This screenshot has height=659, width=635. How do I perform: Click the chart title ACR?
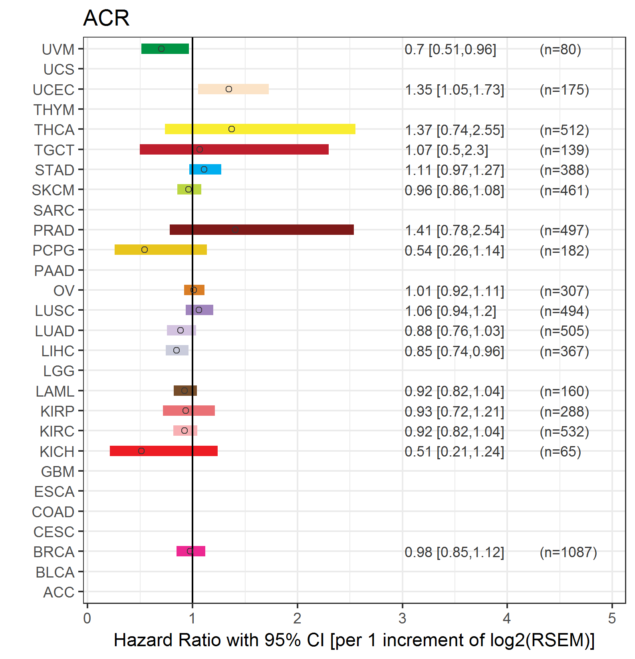106,18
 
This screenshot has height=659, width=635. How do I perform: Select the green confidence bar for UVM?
165,49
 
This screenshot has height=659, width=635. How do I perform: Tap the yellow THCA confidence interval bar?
260,129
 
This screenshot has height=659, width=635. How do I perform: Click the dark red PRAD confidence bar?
262,230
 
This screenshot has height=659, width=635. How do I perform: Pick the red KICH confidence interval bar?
164,451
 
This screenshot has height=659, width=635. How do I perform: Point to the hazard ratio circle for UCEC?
229,89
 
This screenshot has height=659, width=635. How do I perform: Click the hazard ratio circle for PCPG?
145,250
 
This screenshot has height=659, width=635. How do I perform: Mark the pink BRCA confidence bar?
191,551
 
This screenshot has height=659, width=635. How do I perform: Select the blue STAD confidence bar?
205,169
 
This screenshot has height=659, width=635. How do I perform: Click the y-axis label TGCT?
54,150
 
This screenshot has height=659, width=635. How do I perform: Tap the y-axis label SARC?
54,210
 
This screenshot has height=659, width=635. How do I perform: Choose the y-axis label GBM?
58,472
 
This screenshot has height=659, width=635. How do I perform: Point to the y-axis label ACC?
59,592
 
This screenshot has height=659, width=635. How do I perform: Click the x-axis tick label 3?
402,618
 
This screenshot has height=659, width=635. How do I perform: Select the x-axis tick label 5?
612,618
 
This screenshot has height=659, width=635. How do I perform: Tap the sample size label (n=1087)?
568,552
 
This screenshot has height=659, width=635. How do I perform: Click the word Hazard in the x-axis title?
143,640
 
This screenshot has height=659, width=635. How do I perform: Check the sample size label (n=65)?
560,452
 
